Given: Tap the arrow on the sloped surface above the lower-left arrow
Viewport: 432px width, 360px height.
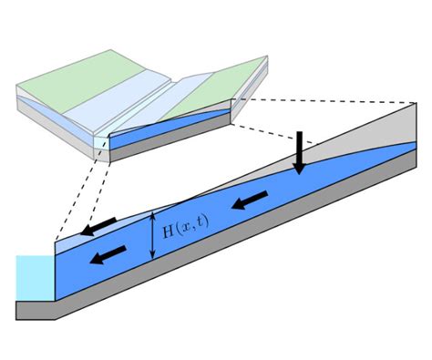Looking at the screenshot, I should [98, 225].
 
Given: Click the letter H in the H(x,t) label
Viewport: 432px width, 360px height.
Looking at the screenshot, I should [168, 231].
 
